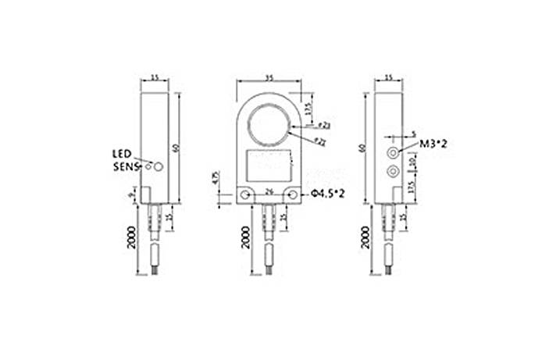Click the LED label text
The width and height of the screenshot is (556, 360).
coord(121,153)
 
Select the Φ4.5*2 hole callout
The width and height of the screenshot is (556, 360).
coord(328,194)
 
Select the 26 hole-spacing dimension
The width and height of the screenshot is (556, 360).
coord(269,190)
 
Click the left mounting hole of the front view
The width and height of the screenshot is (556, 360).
coord(246,195)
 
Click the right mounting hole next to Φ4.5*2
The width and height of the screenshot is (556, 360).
coord(292,195)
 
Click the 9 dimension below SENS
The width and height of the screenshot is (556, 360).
coord(131,198)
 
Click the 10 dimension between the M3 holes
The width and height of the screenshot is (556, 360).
coord(413,160)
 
